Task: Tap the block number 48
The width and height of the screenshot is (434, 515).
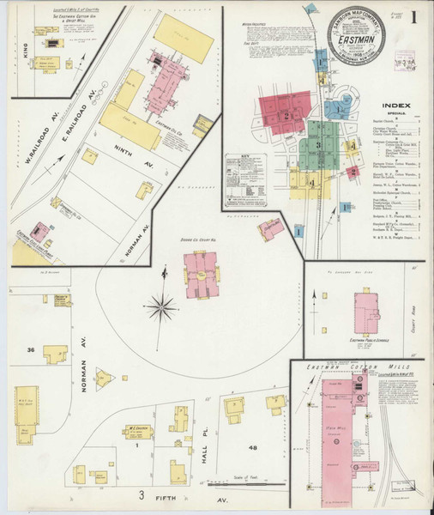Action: pyautogui.click(x=253, y=447)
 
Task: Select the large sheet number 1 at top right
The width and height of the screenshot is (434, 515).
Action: pyautogui.click(x=413, y=18)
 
